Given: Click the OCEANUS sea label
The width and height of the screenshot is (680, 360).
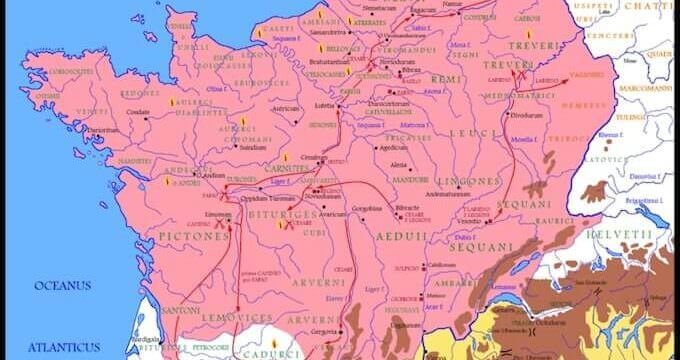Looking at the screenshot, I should (63, 285).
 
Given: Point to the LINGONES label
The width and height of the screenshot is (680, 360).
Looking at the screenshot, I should (467, 181).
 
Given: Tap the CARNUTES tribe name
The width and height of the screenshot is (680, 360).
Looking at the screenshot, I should (290, 169).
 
